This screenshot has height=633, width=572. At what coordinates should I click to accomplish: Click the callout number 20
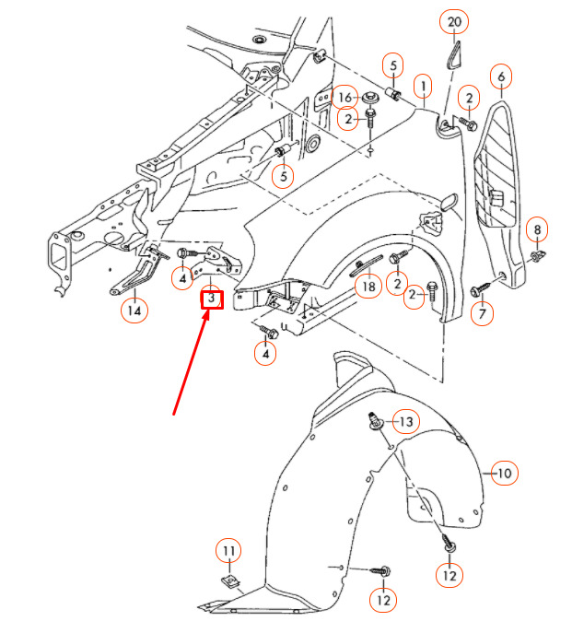(454, 22)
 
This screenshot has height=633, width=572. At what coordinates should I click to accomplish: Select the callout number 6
(501, 76)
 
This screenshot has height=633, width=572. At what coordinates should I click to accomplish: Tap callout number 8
(537, 229)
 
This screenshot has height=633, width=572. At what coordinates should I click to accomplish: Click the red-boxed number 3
(212, 299)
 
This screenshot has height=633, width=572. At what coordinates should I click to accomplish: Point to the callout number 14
(134, 311)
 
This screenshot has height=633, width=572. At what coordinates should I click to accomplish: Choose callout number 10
(505, 473)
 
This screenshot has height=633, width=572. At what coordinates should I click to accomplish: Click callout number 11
(228, 551)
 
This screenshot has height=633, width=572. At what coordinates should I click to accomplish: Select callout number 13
(406, 421)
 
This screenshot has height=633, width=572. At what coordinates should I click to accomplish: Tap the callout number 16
(344, 98)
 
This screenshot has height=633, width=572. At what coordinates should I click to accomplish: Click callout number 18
(368, 287)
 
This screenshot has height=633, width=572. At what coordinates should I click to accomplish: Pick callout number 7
(482, 313)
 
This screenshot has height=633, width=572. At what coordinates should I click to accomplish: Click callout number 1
(423, 87)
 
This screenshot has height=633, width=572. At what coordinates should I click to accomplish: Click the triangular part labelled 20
(453, 54)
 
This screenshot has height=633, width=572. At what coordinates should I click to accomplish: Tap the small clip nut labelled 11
(230, 581)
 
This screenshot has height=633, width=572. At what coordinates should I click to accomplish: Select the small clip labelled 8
(536, 255)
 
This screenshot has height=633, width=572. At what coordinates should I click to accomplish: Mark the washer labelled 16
(369, 98)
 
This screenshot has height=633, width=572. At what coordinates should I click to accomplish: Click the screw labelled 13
(376, 421)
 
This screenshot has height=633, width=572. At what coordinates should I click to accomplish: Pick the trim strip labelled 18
(366, 264)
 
